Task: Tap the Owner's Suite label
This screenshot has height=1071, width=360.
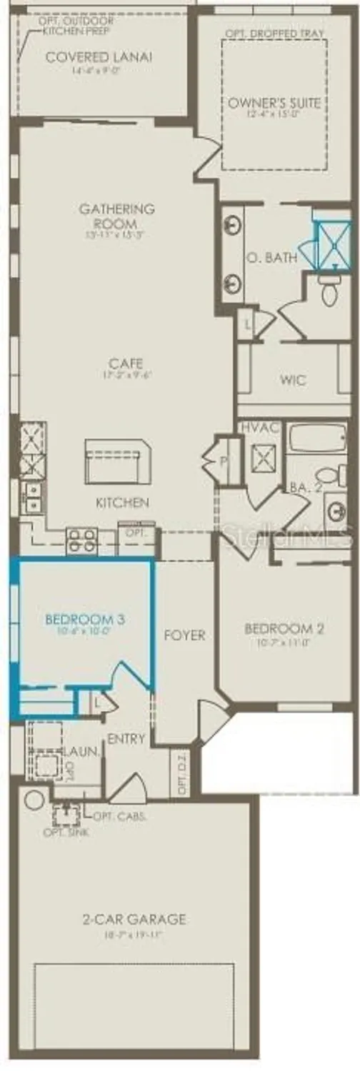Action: (x=274, y=103)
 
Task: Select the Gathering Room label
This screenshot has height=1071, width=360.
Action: (x=116, y=215)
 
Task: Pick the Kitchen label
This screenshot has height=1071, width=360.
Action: (x=122, y=503)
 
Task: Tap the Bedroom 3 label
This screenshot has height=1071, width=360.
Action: (x=84, y=620)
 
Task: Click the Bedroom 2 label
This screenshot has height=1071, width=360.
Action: (x=284, y=629)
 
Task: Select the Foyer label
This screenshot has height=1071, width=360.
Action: (x=184, y=635)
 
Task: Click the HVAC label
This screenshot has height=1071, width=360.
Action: (x=261, y=426)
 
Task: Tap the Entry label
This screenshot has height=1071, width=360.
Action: (x=126, y=738)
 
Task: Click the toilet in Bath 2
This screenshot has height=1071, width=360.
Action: (x=329, y=474)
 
